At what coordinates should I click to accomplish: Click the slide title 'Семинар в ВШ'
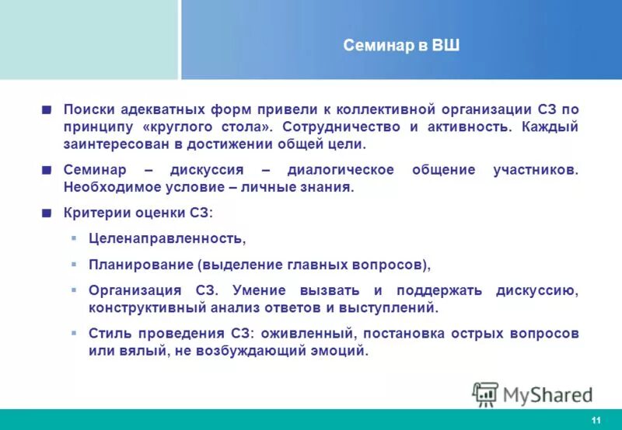(x=401, y=46)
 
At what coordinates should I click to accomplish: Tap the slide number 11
(x=596, y=420)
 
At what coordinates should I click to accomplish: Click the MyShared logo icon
(x=485, y=394)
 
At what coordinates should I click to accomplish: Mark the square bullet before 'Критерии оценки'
(x=47, y=212)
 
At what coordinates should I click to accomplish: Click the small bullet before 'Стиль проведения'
(x=74, y=333)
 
